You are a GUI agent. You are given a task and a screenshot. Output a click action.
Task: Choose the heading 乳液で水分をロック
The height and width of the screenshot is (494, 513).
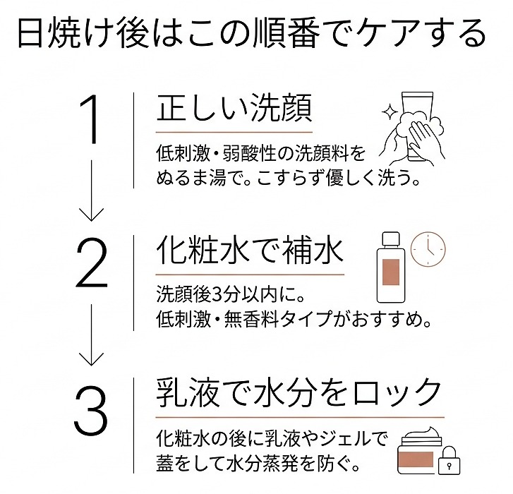click(299, 392)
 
